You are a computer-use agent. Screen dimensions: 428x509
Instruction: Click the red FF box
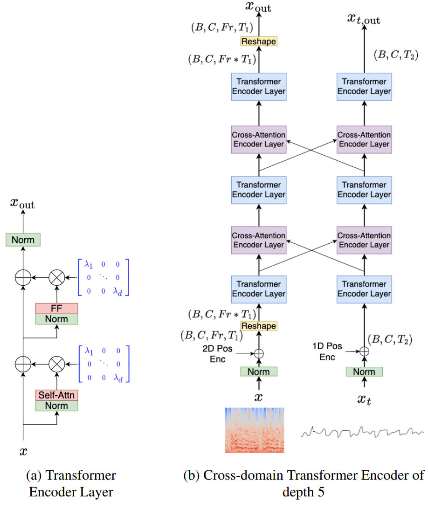[x=56, y=308]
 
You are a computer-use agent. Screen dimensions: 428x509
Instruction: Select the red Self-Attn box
[x=56, y=395]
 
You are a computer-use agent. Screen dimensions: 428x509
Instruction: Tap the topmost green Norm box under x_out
[x=23, y=240]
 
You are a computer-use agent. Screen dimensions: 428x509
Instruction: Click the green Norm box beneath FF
[x=56, y=319]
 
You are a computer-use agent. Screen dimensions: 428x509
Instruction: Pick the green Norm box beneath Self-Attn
[x=56, y=406]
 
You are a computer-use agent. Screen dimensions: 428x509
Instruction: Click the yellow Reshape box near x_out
[x=259, y=41]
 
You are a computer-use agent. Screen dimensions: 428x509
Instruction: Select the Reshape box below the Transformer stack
[x=259, y=326]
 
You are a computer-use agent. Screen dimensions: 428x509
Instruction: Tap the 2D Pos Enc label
[x=218, y=354]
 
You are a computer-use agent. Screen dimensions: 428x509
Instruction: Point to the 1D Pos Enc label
[x=327, y=351]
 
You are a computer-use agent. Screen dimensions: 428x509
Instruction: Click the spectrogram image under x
[x=255, y=430]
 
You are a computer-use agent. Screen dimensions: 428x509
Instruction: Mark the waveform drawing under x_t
[x=362, y=432]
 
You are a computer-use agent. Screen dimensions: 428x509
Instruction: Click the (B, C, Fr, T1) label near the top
[x=222, y=27]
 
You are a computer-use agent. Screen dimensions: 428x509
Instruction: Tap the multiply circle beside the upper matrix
[x=57, y=277]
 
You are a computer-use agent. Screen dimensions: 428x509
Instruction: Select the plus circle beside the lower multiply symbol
[x=23, y=364]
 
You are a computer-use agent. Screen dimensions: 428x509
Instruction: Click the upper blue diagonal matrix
[x=104, y=277]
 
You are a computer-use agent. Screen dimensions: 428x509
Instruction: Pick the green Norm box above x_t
[x=364, y=371]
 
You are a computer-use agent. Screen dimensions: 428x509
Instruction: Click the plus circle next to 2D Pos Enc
[x=259, y=353]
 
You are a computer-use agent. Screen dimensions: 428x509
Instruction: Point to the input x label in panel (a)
[x=23, y=452]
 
